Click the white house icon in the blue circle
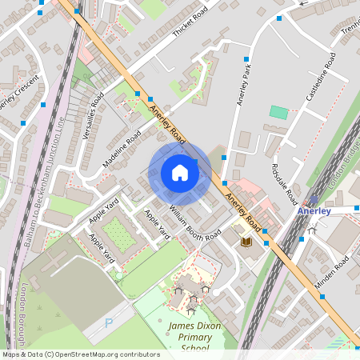[180, 172]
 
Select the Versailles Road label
[93, 118]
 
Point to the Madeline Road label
[122, 150]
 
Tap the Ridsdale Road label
[284, 184]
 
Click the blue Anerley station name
[314, 211]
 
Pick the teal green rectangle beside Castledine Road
[278, 112]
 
